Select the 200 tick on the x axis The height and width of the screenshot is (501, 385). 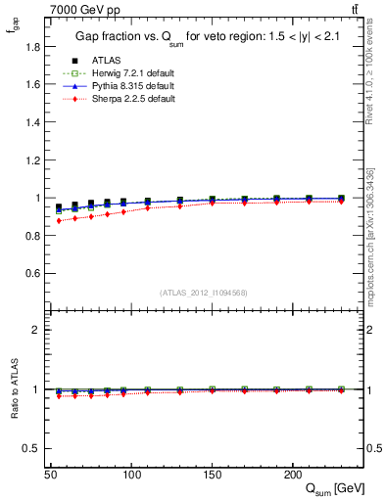coord(292,474)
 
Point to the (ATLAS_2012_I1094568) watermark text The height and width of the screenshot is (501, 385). coord(204,293)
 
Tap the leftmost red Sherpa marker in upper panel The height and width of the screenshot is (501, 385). coord(59,221)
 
